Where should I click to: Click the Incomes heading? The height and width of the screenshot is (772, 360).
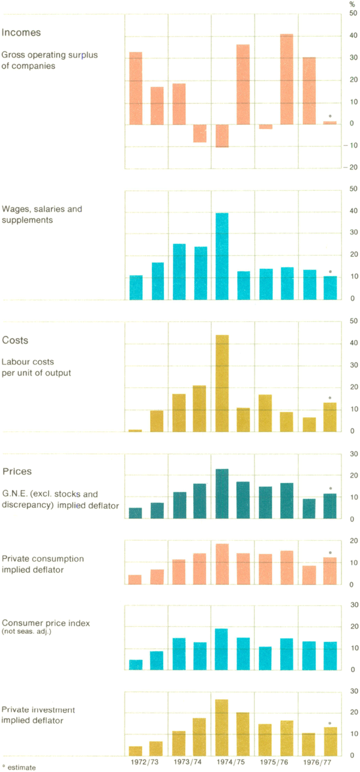(x=21, y=32)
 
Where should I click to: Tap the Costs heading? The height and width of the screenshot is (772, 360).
(x=16, y=340)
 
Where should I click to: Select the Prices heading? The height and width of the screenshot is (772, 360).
(x=17, y=471)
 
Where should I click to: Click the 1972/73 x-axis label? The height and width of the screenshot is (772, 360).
(x=146, y=763)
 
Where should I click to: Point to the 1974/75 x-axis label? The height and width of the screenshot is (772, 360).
(x=233, y=763)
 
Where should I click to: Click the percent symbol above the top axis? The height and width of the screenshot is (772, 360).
(x=352, y=4)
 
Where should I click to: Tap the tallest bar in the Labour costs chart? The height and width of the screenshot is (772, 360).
(x=222, y=383)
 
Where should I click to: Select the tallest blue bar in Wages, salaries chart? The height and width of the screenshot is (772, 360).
(x=222, y=256)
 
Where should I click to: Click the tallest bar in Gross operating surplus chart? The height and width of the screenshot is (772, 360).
(x=287, y=79)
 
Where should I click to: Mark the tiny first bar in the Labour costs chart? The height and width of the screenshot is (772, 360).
(x=136, y=430)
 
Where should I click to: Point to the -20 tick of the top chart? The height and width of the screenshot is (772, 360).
(x=351, y=168)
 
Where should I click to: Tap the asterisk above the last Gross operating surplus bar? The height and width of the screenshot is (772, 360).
(x=330, y=116)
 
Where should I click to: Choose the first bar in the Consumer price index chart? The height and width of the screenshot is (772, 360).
(x=136, y=665)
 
